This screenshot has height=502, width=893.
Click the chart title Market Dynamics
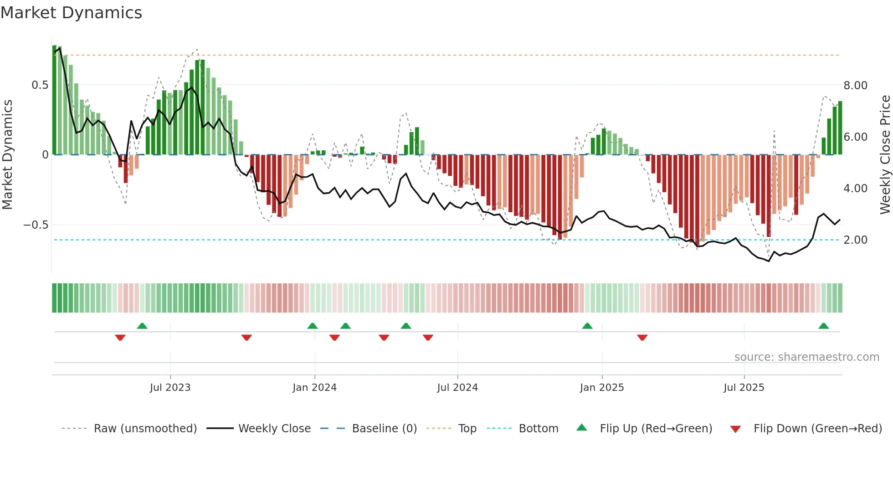[x=72, y=13]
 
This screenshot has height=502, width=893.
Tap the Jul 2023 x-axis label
[x=170, y=388]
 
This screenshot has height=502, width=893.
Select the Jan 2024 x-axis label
[x=314, y=388]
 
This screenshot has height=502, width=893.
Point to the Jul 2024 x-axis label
[x=457, y=388]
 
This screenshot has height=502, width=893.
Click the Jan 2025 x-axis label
[x=602, y=388]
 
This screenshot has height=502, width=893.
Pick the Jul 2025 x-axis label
[x=744, y=388]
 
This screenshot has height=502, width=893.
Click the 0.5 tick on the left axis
[x=40, y=85]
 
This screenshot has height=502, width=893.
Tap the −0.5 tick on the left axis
[x=36, y=225]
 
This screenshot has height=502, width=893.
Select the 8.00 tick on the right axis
[x=855, y=86]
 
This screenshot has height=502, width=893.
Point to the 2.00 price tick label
[x=855, y=240]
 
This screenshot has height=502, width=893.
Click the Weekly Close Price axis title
[x=885, y=155]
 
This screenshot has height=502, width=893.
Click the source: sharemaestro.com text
[x=806, y=357]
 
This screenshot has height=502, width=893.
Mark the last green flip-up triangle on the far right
[x=823, y=326]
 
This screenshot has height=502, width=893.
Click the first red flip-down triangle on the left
[x=120, y=338]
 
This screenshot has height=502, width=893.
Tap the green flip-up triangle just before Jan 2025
[x=587, y=326]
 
